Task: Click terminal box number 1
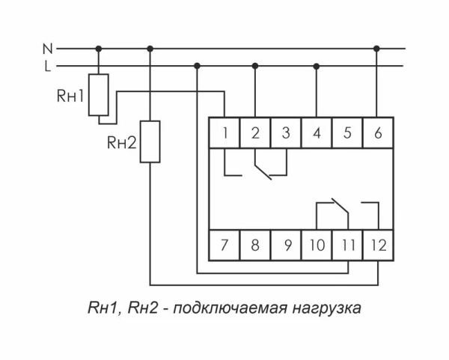click(x=224, y=133)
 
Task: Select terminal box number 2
click(x=255, y=133)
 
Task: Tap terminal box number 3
click(x=285, y=133)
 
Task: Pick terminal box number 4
click(x=317, y=133)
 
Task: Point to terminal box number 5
click(x=346, y=133)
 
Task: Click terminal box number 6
click(x=376, y=133)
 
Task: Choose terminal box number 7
click(x=224, y=245)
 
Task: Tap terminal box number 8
click(x=255, y=245)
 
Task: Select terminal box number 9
click(x=285, y=245)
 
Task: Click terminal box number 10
click(x=317, y=245)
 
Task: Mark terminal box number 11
click(x=346, y=245)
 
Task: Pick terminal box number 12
click(x=376, y=245)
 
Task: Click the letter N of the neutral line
click(x=47, y=49)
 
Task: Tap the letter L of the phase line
click(x=47, y=67)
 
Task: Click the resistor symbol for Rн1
click(x=98, y=95)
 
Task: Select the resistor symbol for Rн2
click(x=150, y=141)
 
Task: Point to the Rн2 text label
click(x=121, y=141)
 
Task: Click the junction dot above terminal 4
click(x=317, y=67)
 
